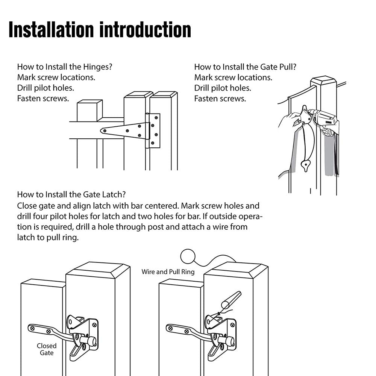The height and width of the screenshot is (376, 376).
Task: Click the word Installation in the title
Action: (x=51, y=30)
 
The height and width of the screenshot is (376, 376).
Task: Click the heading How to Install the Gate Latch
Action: (x=71, y=194)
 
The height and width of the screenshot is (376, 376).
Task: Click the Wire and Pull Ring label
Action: (x=168, y=271)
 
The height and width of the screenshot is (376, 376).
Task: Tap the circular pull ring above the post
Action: (x=188, y=257)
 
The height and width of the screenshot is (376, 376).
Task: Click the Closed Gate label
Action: (x=47, y=349)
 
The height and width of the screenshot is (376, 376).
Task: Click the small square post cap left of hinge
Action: (x=89, y=110)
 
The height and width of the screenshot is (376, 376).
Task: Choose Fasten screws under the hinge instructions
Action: (x=43, y=99)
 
